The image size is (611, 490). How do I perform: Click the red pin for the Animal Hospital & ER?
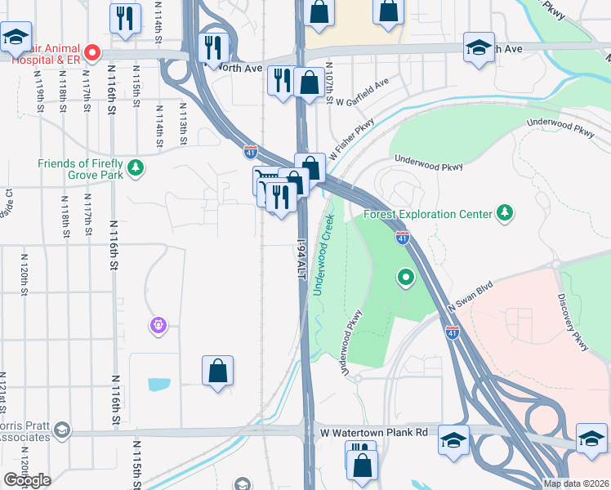click(x=92, y=54)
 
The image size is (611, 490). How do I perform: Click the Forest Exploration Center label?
click(x=427, y=214)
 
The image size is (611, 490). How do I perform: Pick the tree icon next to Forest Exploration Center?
click(x=506, y=213)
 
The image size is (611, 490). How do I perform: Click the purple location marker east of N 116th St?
click(x=158, y=326)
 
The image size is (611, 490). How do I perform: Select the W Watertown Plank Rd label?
click(x=374, y=432)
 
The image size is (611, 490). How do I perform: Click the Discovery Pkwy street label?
click(x=573, y=323)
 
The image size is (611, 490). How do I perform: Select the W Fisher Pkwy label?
click(x=351, y=140)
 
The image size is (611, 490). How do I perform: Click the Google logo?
click(x=27, y=480)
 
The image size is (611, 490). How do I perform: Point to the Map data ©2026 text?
click(x=576, y=483)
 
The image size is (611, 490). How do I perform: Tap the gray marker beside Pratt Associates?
click(x=60, y=430)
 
